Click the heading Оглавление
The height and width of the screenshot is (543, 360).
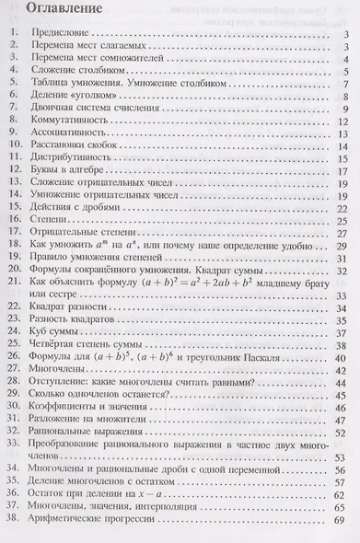56,11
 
